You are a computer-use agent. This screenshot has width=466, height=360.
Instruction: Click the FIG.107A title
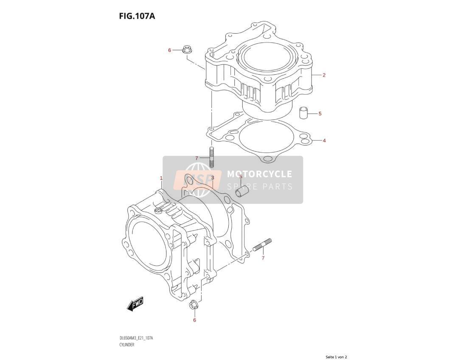point(137,16)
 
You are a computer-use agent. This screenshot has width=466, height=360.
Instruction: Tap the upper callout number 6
point(170,50)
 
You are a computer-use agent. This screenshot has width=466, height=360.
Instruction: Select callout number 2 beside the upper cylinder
point(324,75)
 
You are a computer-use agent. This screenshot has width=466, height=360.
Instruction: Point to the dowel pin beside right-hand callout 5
point(303,112)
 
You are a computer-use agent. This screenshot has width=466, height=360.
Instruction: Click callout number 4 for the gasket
point(324,141)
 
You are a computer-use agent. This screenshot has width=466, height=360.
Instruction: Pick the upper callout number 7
point(197,158)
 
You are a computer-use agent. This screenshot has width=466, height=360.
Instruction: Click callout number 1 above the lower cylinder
point(161,178)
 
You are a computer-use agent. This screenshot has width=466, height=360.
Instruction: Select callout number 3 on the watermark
point(213,177)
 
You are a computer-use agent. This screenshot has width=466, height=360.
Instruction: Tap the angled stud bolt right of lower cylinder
point(262,245)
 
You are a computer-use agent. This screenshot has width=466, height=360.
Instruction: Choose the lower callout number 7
point(263,258)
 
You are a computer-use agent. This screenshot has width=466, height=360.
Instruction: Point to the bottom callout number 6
point(195,320)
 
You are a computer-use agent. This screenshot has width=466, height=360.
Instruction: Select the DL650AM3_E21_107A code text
point(136,338)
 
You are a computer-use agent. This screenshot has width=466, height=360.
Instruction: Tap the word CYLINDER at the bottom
point(127,345)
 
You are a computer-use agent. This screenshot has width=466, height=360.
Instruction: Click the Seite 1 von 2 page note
point(336,357)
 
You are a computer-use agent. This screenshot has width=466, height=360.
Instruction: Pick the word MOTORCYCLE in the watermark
point(259,174)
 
